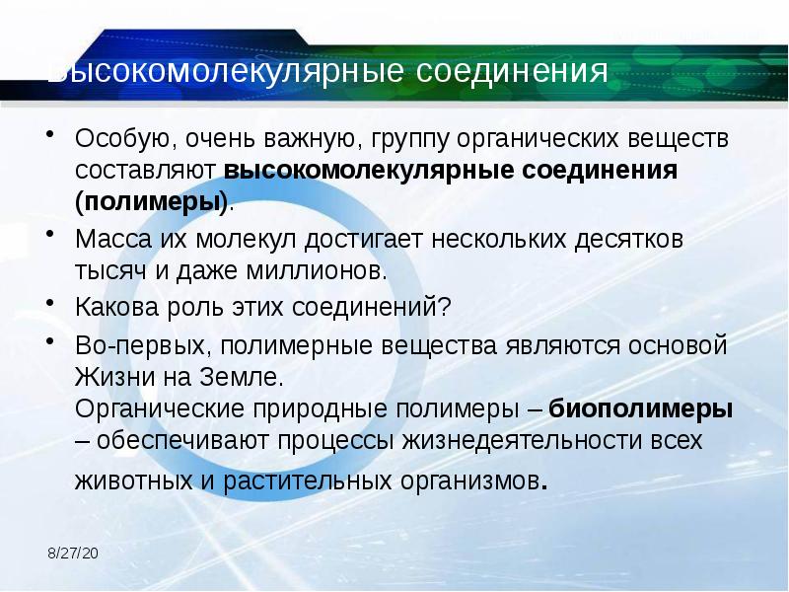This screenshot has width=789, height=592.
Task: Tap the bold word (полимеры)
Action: click(x=151, y=201)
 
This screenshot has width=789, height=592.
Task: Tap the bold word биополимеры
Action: click(x=640, y=408)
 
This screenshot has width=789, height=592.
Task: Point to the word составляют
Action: click(x=147, y=170)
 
